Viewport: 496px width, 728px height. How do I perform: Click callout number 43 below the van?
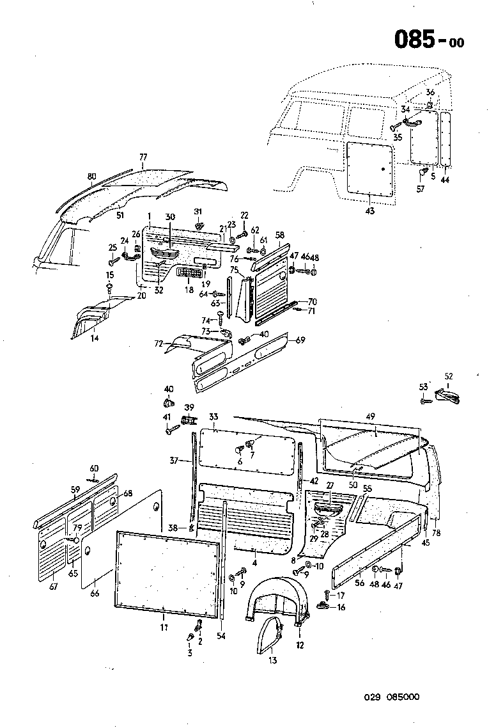371,211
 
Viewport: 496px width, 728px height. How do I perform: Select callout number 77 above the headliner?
143,157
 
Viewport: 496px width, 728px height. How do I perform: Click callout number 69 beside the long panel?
300,340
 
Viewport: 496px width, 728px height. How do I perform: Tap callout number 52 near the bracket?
448,377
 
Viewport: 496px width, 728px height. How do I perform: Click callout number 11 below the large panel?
164,628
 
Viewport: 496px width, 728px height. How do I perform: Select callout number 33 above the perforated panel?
213,416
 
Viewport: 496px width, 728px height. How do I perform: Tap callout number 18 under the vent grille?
189,289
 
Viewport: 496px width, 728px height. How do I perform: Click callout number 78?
437,533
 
